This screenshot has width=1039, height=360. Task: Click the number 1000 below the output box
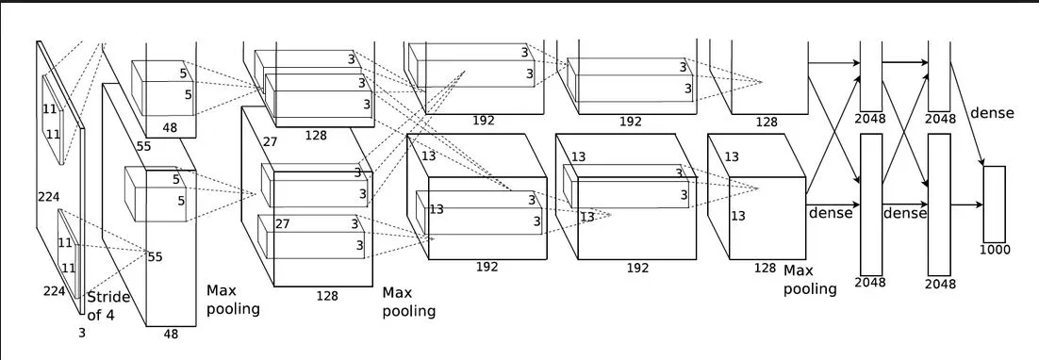(995, 250)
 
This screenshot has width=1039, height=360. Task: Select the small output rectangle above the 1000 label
(994, 204)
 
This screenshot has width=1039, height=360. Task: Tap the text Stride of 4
(108, 306)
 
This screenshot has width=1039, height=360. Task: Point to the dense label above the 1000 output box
(992, 113)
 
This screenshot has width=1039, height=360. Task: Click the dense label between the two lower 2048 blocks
(904, 213)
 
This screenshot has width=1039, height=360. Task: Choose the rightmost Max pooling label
(810, 280)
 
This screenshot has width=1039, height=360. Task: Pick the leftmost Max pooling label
(233, 300)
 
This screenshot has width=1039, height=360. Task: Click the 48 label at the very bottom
(171, 335)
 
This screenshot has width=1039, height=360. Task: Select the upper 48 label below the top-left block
(170, 128)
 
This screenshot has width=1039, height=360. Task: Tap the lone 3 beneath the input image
(82, 334)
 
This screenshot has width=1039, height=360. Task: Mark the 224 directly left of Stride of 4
(55, 291)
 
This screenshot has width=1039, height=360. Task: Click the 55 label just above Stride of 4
(155, 256)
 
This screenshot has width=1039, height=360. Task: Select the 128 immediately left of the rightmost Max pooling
(765, 268)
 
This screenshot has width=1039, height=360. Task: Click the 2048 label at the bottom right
(941, 284)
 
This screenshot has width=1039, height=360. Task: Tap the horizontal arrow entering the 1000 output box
(966, 205)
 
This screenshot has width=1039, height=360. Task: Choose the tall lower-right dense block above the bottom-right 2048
(939, 205)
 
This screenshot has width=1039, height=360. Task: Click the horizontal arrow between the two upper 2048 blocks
(905, 63)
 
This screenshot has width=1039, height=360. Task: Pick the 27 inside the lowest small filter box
(282, 223)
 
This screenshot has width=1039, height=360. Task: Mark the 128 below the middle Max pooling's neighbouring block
(327, 296)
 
